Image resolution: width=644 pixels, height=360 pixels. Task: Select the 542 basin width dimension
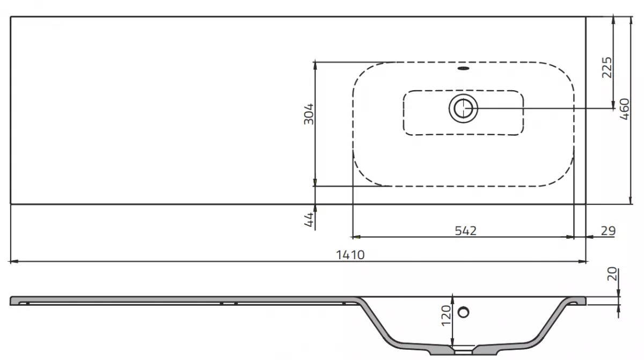click(465, 230)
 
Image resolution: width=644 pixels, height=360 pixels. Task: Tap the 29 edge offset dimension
click(608, 231)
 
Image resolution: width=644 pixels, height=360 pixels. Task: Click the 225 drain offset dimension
click(606, 67)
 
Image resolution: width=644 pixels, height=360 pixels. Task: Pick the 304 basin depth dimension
click(309, 114)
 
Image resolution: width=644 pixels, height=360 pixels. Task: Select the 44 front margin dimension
click(309, 220)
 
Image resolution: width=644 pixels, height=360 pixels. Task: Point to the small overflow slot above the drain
click(463, 69)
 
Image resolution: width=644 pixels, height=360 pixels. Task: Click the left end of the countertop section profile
click(12, 300)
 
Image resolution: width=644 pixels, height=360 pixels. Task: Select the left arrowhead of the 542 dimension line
click(355, 236)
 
